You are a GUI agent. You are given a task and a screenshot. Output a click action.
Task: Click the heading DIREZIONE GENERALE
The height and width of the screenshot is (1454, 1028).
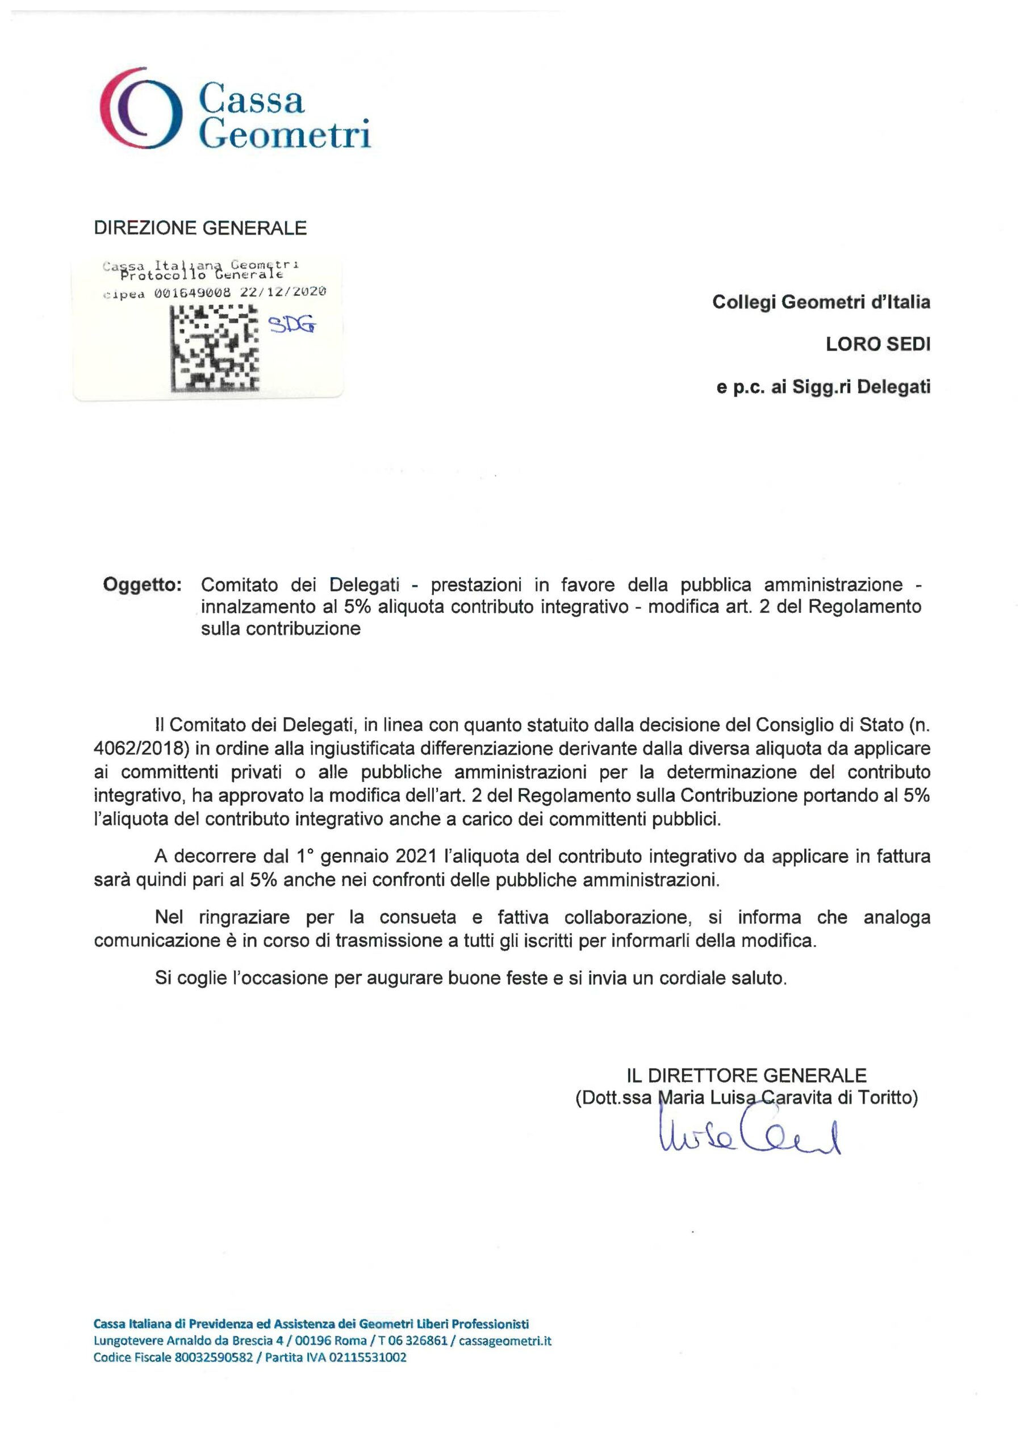point(200,228)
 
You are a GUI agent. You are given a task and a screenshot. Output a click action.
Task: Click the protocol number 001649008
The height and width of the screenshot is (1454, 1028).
point(193,293)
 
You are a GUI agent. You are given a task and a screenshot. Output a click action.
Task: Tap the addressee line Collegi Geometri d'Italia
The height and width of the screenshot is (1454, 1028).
point(821,302)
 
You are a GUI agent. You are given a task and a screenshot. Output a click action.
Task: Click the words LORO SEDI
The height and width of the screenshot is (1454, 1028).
point(878,345)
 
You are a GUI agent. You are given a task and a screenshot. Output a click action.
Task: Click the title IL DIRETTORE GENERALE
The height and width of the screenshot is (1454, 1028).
point(746,1075)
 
